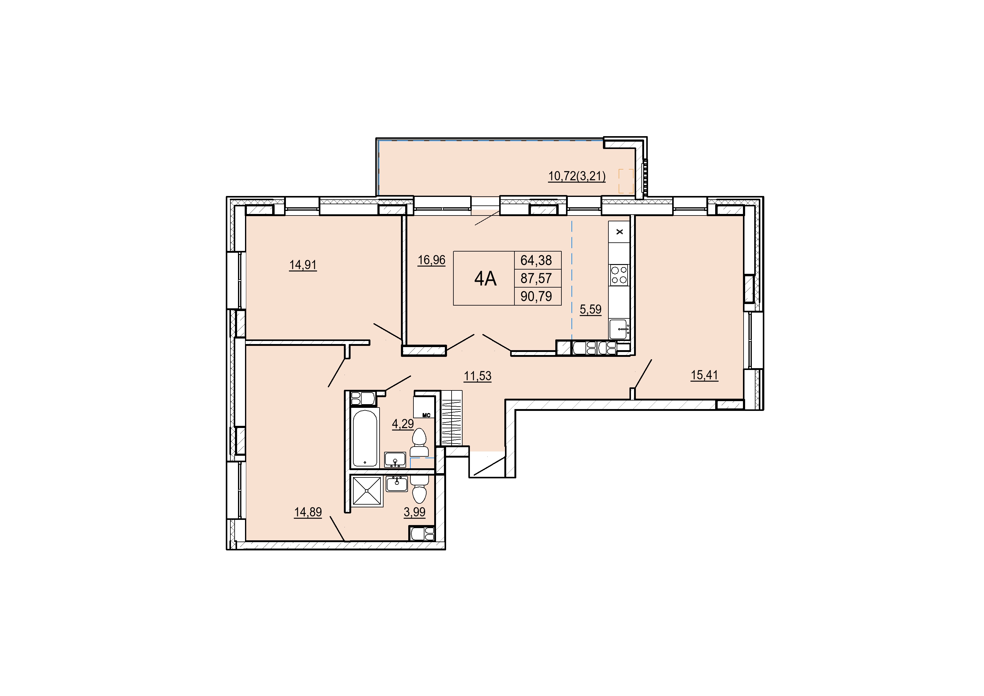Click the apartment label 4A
point(485,279)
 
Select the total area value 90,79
point(536,296)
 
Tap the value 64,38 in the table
point(536,260)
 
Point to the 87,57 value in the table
point(536,278)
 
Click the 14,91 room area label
point(303,265)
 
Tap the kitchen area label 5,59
point(591,309)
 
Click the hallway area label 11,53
point(478,376)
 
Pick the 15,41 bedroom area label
point(704,375)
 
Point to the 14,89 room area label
point(308,512)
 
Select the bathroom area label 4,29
point(403,424)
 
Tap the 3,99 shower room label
point(414,512)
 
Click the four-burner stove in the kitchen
point(619,275)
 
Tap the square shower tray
point(366,491)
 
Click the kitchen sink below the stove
point(619,329)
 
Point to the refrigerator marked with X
point(619,232)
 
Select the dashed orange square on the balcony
point(626,181)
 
